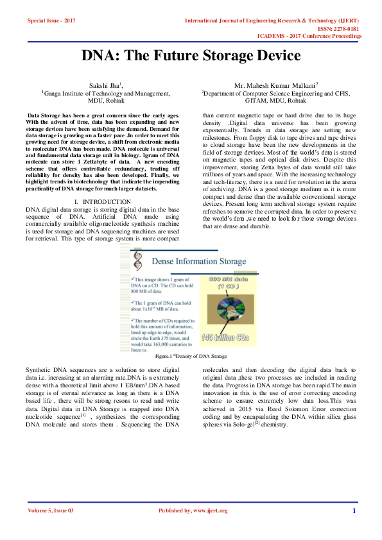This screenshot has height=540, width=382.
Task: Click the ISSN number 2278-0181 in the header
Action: click(344, 29)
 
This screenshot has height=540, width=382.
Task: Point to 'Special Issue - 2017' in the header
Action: click(51, 21)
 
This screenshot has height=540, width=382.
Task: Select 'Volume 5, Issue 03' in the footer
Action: click(51, 510)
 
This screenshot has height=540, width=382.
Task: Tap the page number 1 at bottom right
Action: click(354, 510)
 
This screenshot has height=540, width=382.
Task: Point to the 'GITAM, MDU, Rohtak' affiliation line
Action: click(279, 101)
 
